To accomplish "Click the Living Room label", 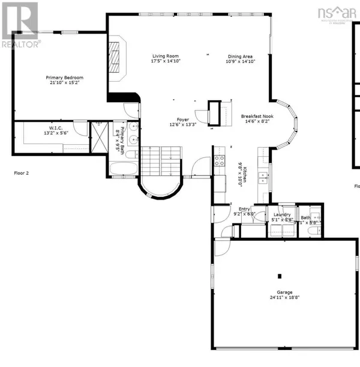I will pyautogui.click(x=166, y=56).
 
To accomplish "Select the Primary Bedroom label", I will pyautogui.click(x=65, y=77).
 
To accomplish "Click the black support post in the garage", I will pyautogui.click(x=280, y=276).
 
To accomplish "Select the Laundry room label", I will pyautogui.click(x=282, y=214).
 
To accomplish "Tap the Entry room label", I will pyautogui.click(x=245, y=209).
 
